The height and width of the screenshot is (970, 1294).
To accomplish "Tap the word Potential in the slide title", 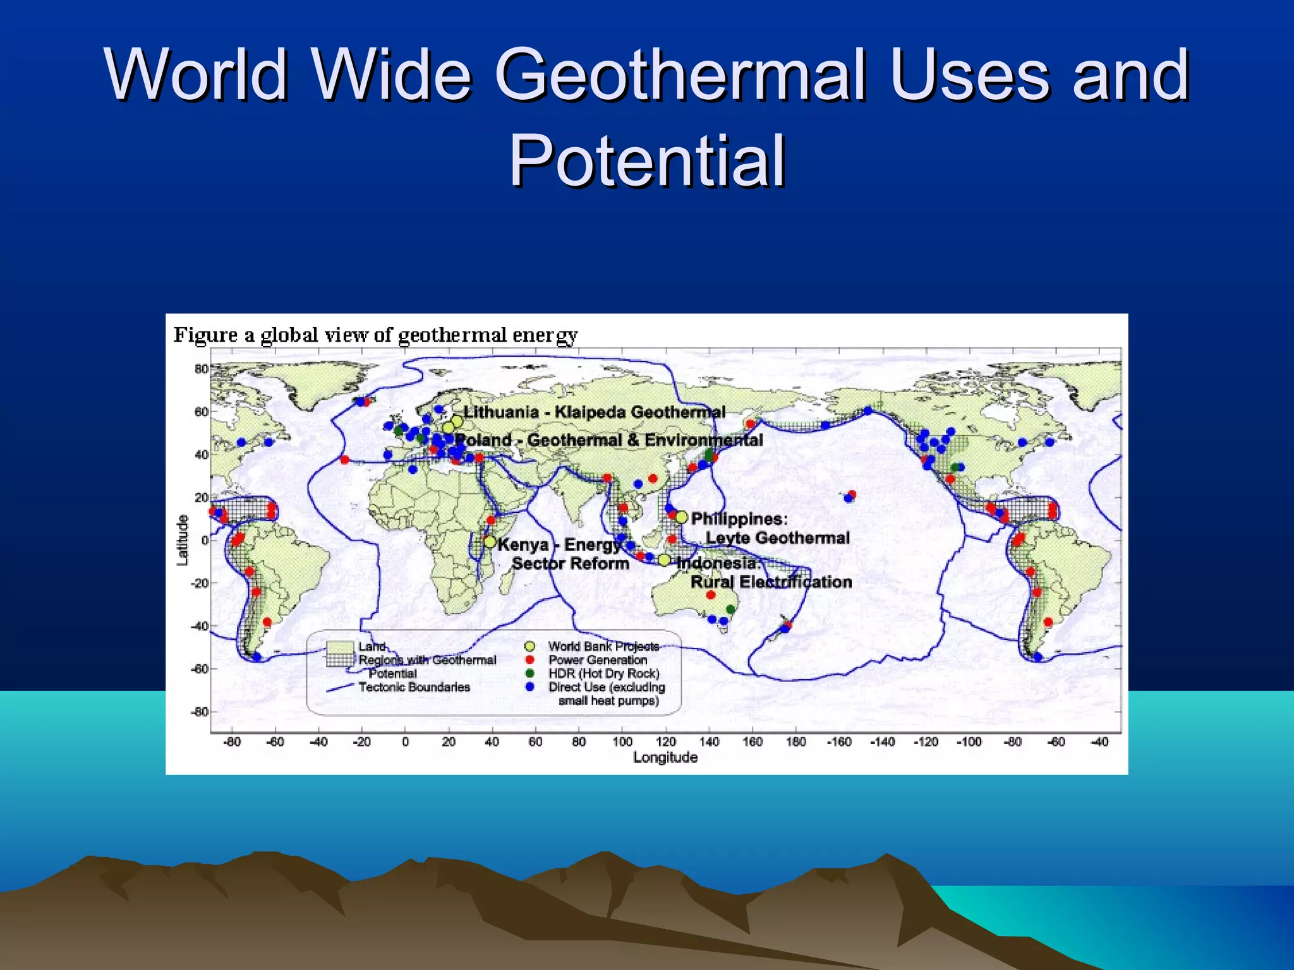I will point(647,161).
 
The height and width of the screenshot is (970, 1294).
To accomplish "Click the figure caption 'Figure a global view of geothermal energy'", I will point(375,335).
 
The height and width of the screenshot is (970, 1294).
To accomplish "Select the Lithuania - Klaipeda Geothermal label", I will point(594,412).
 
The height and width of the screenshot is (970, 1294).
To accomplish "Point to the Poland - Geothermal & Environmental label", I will point(609,440).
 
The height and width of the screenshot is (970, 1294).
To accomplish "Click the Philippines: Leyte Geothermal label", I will point(770,529).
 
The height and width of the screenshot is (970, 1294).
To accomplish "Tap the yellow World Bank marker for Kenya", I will point(490,542).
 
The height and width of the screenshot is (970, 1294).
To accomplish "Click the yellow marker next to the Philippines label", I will point(681,517).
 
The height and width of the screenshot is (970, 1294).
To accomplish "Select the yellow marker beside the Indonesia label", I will point(664,560).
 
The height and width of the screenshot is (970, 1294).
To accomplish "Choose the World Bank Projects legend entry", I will point(603,646).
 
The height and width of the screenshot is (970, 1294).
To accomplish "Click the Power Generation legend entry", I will point(597,659).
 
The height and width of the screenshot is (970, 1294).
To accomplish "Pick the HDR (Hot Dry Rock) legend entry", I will point(603,673).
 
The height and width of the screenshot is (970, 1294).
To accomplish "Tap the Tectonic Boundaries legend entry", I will point(414,687).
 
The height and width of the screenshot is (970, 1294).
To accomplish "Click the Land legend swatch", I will point(339,647).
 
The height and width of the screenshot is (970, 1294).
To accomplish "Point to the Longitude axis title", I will point(665,757).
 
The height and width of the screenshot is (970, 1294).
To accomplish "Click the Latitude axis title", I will point(183,540).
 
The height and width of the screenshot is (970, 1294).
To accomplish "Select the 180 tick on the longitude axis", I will point(795,742).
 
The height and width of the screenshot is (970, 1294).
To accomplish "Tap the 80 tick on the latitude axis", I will point(201,369).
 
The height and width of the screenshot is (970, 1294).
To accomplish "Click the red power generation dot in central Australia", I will point(710,595).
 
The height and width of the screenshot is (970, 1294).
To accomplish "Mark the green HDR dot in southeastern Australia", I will point(730,609).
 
